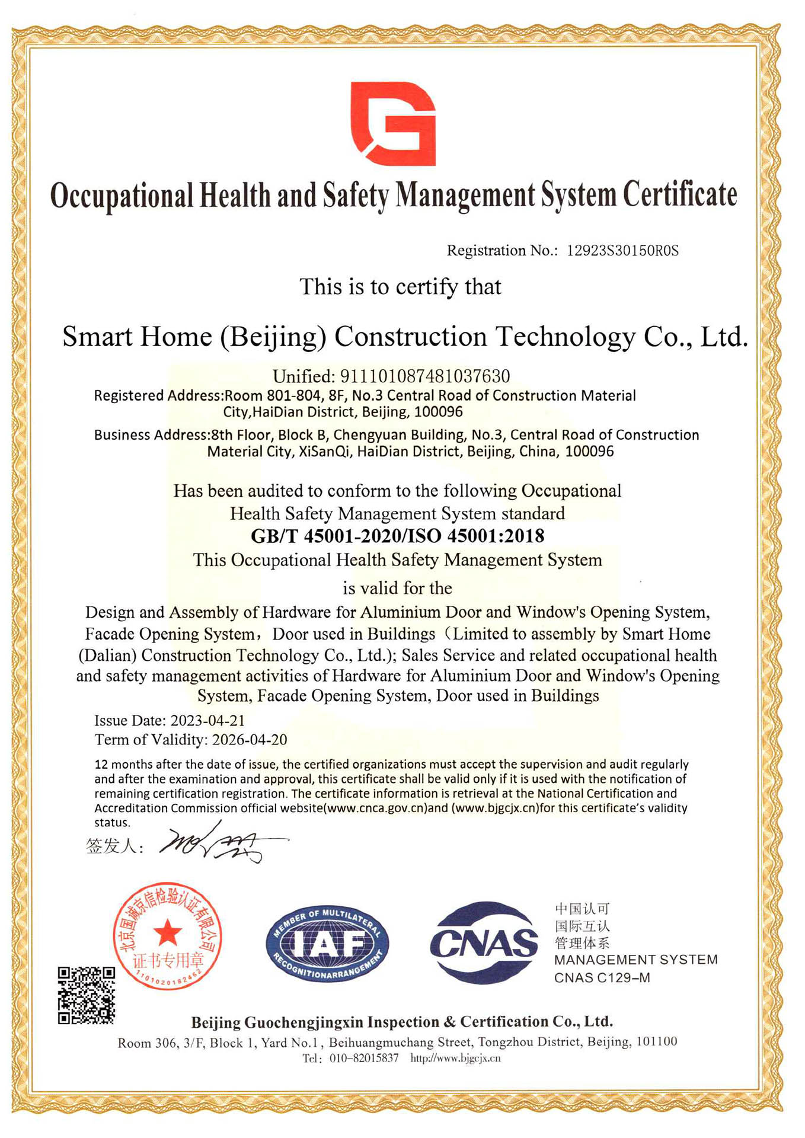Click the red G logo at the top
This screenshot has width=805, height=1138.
(393, 123)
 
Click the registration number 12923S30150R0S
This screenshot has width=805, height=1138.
(622, 251)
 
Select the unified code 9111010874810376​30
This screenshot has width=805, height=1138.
(424, 376)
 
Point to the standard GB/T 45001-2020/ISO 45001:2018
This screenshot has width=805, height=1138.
(398, 536)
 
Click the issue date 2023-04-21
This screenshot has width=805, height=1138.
(207, 721)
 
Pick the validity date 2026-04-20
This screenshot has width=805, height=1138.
(250, 740)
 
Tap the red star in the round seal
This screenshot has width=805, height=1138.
(168, 932)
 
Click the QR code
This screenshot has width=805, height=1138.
(87, 995)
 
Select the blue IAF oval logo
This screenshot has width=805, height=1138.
(327, 944)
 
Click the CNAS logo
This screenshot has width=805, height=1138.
(484, 942)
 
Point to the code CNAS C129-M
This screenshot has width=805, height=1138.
(602, 978)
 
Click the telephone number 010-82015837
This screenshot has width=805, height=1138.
(364, 1059)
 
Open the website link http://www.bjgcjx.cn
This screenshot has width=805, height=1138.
(455, 1059)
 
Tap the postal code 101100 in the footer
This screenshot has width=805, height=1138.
(656, 1042)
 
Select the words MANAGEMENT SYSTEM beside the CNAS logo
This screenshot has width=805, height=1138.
(635, 960)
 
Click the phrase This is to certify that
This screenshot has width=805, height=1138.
(400, 287)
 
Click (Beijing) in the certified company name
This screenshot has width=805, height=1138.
(273, 337)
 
